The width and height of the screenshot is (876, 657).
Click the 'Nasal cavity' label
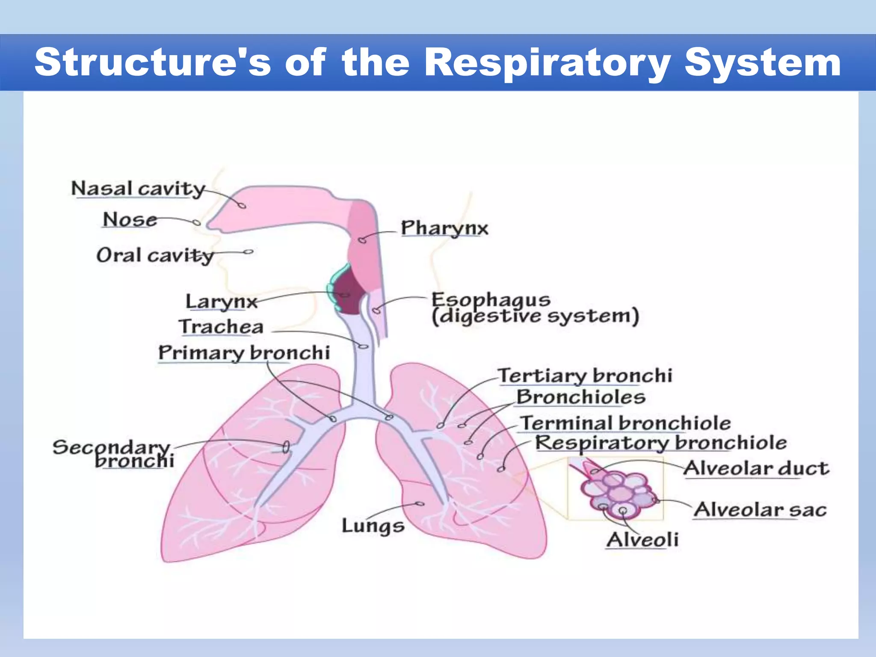138,189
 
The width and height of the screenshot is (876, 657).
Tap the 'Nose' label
130,220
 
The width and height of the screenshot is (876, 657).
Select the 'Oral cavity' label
155,255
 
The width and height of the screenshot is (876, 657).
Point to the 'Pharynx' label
444,228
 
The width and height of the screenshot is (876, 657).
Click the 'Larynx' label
221,302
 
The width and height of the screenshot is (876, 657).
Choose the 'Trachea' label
221,327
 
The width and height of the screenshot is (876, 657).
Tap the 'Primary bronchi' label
244,353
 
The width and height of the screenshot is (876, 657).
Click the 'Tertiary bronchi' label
585,376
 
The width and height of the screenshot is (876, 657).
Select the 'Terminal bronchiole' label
625,423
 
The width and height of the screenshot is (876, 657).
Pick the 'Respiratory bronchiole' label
661,443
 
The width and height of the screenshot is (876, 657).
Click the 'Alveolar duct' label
756,468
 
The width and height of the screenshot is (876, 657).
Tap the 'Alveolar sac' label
760,510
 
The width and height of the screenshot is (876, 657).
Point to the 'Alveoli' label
642,540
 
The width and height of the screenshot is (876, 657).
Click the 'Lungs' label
373,526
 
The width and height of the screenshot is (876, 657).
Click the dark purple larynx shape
349,293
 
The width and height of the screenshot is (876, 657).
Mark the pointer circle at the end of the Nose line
196,222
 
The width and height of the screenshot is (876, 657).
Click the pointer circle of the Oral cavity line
249,252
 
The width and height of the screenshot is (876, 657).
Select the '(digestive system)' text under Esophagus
535,317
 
